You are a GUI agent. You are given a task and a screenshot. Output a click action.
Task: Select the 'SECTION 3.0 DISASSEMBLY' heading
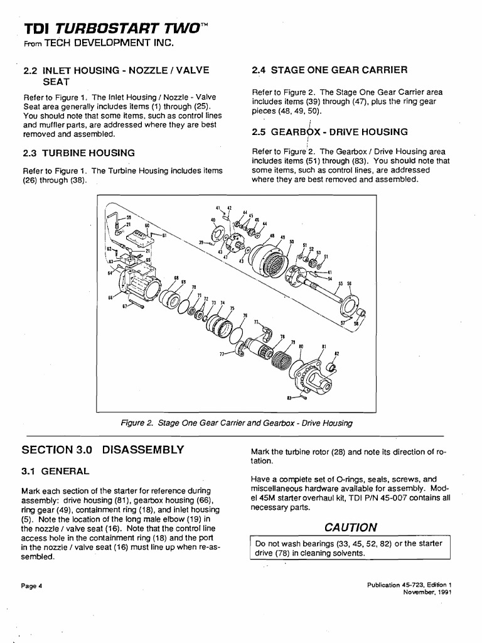click(x=103, y=450)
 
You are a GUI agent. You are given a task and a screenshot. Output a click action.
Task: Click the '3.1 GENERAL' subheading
click(x=56, y=470)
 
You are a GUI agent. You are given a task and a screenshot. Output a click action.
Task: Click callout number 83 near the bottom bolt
click(x=289, y=397)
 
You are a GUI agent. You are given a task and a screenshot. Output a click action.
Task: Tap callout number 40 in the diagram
click(x=213, y=220)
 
